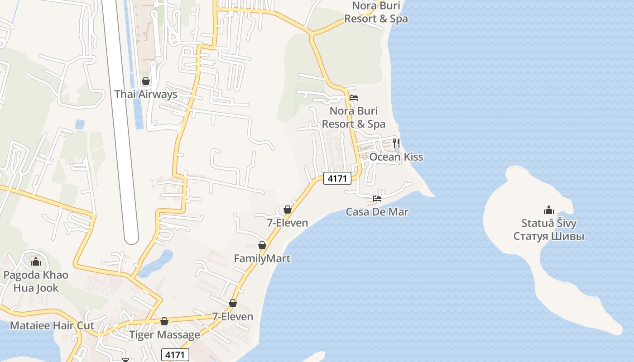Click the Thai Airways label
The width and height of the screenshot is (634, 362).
(x=145, y=94)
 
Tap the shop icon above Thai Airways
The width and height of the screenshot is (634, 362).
(x=146, y=81)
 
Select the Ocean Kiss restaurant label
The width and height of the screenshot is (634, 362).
(x=396, y=157)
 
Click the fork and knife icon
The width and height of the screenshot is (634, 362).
(x=396, y=143)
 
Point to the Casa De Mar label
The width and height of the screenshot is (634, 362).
(x=377, y=212)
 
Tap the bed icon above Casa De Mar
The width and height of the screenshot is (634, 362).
(x=377, y=198)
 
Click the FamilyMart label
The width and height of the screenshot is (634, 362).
(x=262, y=258)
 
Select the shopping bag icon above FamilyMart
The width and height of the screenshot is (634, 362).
(x=262, y=245)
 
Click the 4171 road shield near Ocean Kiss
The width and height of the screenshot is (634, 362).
(x=337, y=178)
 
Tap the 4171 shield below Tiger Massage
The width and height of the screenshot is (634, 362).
(x=175, y=354)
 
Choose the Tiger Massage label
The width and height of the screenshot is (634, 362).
(x=164, y=335)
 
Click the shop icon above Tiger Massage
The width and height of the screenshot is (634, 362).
(x=164, y=321)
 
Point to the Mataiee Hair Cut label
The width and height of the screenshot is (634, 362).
(x=52, y=325)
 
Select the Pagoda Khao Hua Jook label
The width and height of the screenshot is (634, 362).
(x=36, y=281)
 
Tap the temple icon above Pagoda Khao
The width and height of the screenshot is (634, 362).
(x=36, y=262)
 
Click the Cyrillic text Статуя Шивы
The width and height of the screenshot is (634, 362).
(x=548, y=236)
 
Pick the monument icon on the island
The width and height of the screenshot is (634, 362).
(x=548, y=210)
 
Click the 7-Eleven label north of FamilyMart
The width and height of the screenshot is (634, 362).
(x=287, y=223)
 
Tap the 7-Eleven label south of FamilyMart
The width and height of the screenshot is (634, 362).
(x=233, y=316)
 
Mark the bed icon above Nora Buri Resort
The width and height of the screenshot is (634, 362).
(x=354, y=98)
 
